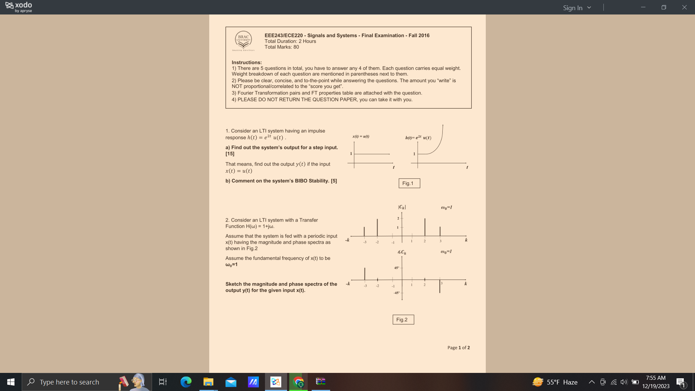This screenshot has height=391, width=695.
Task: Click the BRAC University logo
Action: [x=243, y=40]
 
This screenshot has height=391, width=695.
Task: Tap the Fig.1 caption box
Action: [x=409, y=183]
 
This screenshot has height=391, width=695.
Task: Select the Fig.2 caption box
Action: [x=403, y=319]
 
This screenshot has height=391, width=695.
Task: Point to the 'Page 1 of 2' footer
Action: [x=458, y=348]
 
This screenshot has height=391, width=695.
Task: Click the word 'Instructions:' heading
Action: [x=247, y=62]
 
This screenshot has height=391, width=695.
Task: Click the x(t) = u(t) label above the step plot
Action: [x=361, y=136]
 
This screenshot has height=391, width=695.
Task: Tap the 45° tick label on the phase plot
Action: [x=396, y=268]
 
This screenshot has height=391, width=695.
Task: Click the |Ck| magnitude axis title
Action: [x=402, y=207]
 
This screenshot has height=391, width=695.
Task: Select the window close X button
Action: [x=684, y=7]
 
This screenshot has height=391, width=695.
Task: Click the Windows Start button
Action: [x=11, y=382]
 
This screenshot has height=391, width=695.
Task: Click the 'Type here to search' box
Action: [x=69, y=382]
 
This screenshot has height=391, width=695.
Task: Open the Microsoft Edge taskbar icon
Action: [x=186, y=382]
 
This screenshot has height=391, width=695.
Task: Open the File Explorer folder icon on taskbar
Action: [x=208, y=382]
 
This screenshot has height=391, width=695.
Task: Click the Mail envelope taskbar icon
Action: [x=231, y=382]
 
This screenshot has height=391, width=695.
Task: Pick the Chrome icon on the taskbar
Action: [x=298, y=382]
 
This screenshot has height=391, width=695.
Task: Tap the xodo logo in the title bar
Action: [x=19, y=7]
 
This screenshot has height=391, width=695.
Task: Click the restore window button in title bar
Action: [x=664, y=7]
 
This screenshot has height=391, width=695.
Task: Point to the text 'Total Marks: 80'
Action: [x=282, y=47]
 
